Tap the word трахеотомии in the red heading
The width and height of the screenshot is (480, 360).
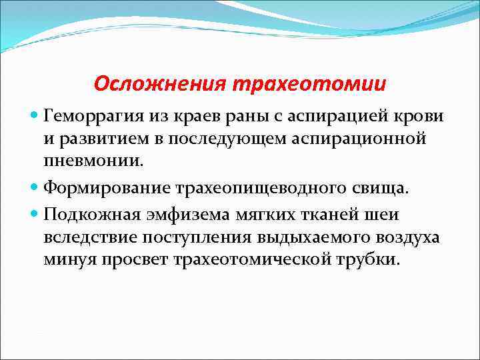click(x=309, y=85)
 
